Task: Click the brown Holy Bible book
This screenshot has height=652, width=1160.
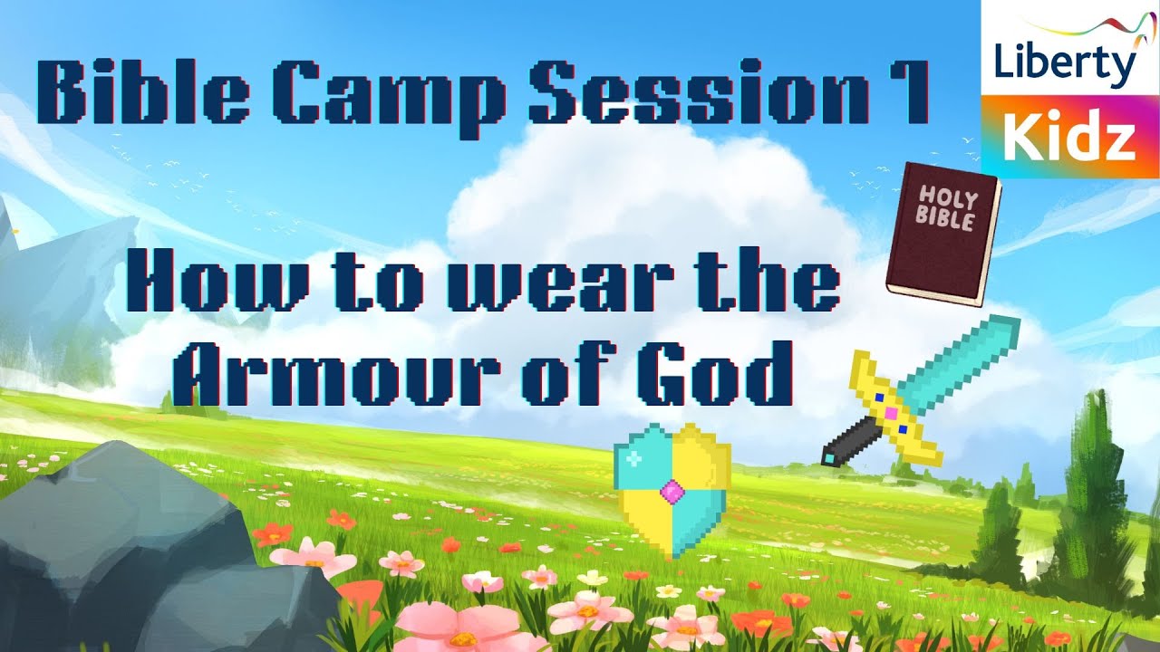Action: coord(943,234)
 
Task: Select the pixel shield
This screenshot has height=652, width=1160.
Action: coord(672,489)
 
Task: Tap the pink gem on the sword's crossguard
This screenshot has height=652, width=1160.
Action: coord(891,413)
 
